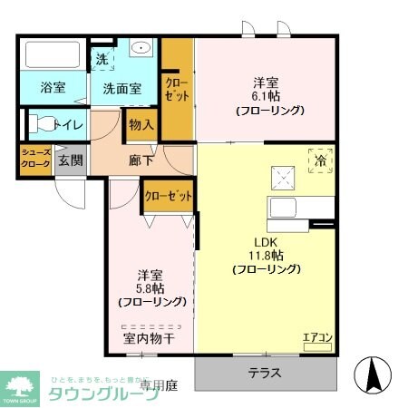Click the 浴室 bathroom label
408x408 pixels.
click(x=52, y=88)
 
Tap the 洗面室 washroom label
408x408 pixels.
click(x=121, y=89)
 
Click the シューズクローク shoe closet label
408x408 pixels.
click(x=36, y=160)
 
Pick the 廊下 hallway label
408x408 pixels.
click(x=141, y=161)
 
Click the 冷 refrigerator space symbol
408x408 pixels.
click(x=321, y=160)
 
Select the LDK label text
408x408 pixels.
click(x=264, y=241)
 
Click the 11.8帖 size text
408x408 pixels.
click(x=264, y=255)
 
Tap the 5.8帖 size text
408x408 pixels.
click(x=151, y=287)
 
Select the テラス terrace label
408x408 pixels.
click(x=265, y=373)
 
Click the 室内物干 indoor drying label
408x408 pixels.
click(x=150, y=339)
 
